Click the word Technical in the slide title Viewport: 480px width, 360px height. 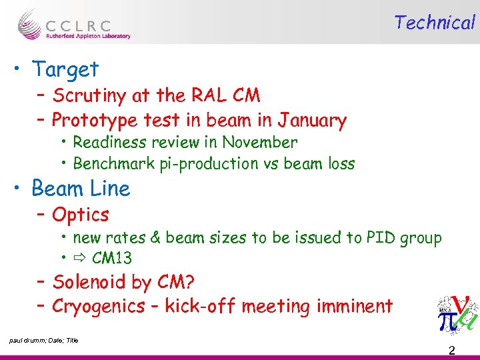click(434, 23)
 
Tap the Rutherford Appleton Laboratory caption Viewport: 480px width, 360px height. click(88, 37)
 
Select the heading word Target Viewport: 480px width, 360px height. click(65, 69)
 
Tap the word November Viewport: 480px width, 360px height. click(260, 142)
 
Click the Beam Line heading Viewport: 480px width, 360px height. click(81, 189)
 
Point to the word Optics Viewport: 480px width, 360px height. click(81, 215)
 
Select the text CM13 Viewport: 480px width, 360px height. click(112, 259)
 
